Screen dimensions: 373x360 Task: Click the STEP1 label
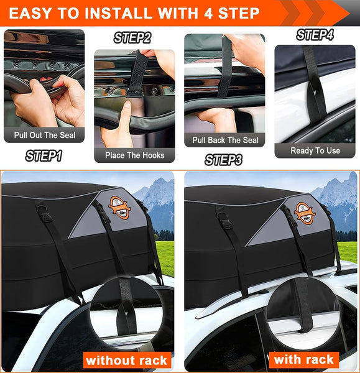click(43, 155)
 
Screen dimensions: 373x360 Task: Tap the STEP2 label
click(132, 38)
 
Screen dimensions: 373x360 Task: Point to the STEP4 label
click(314, 35)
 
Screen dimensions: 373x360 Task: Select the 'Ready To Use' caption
click(315, 150)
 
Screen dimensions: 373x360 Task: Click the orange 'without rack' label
click(126, 360)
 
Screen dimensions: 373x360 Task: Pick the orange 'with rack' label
click(304, 359)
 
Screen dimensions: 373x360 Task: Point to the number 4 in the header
click(210, 13)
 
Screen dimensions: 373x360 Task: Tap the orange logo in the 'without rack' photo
click(119, 208)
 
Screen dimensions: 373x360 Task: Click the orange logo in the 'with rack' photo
click(305, 211)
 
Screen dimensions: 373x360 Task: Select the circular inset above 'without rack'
click(126, 314)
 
